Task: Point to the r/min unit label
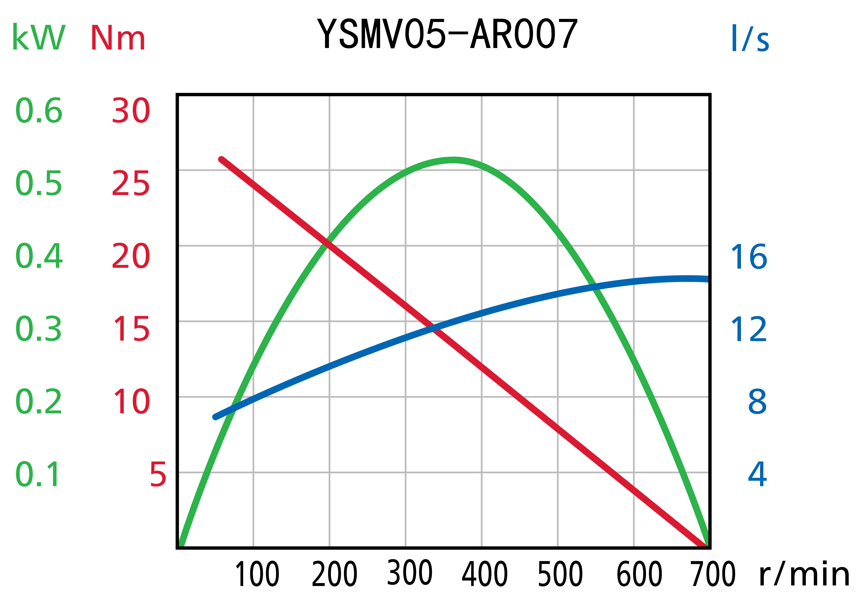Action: (x=804, y=575)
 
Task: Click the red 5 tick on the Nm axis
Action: (x=158, y=475)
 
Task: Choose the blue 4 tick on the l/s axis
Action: (x=757, y=475)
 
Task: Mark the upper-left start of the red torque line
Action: (x=221, y=159)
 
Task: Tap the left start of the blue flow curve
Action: (x=216, y=417)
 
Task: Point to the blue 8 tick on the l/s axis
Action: (x=757, y=402)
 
